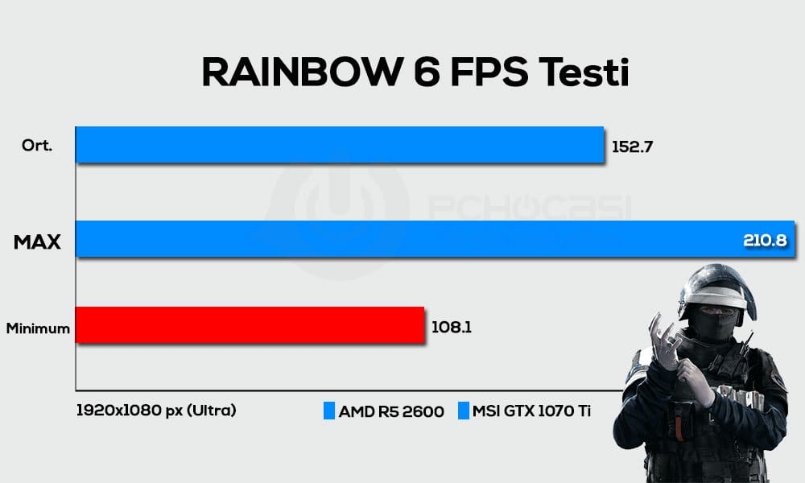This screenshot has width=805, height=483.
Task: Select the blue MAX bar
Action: click(x=402, y=238)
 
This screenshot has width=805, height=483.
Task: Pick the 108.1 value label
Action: click(x=452, y=327)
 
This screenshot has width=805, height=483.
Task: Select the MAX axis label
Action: click(x=38, y=241)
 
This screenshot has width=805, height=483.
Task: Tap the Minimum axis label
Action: click(x=38, y=328)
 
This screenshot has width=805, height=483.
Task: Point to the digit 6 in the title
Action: click(x=423, y=72)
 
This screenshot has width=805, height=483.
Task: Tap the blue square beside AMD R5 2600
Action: click(x=328, y=411)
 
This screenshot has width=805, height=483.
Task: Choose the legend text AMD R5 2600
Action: click(x=391, y=411)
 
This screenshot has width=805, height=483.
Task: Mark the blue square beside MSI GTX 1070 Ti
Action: click(x=464, y=411)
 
